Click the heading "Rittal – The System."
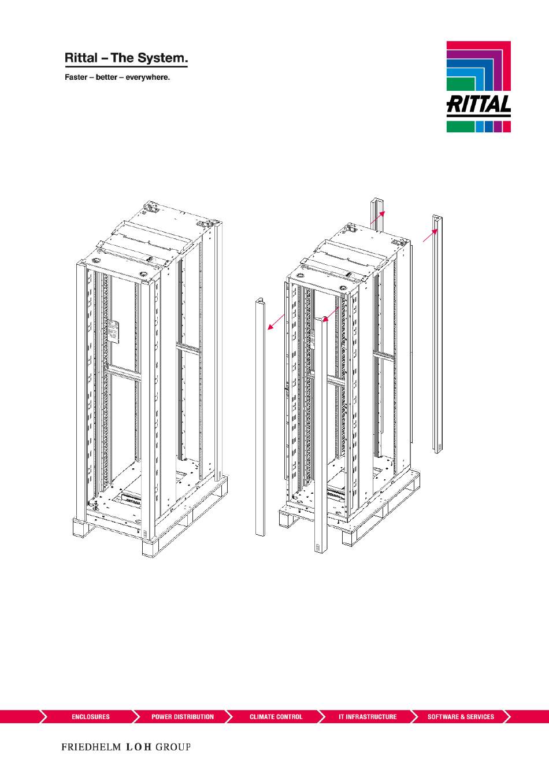(x=126, y=58)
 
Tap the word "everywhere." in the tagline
(x=148, y=77)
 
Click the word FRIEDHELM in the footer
(x=91, y=747)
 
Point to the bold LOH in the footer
(x=139, y=747)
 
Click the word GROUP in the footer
(x=173, y=747)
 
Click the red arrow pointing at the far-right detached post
(x=430, y=235)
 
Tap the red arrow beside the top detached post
(x=377, y=218)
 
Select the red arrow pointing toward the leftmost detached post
(x=276, y=322)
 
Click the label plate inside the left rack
(x=113, y=332)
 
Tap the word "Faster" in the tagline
(x=76, y=77)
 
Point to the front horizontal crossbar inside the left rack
(x=123, y=374)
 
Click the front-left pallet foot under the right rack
(x=288, y=519)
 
